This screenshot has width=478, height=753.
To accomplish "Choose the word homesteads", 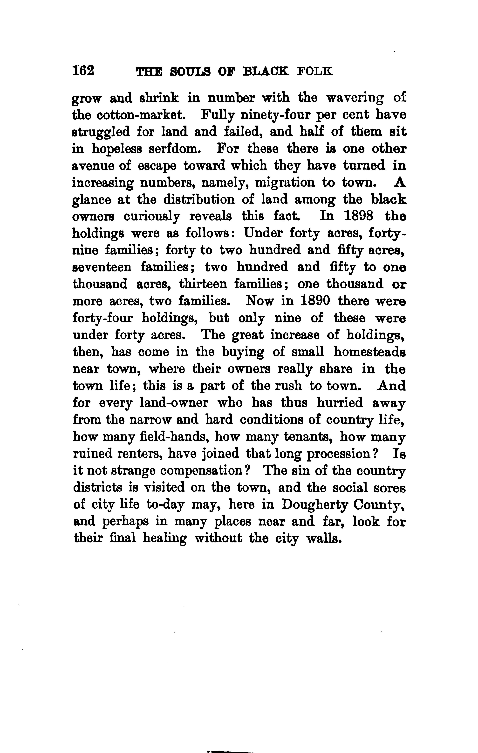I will click(x=370, y=352).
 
